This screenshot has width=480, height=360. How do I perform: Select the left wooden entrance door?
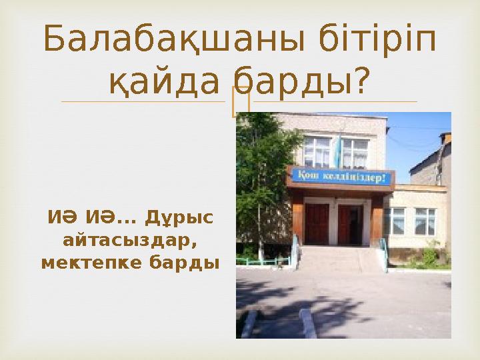click(316, 224)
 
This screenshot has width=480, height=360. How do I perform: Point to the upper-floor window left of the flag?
click(317, 151)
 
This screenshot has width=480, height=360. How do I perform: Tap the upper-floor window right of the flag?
click(356, 153)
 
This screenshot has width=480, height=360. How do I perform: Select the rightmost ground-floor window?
click(425, 221)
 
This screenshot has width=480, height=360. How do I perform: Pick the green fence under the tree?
click(263, 261)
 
